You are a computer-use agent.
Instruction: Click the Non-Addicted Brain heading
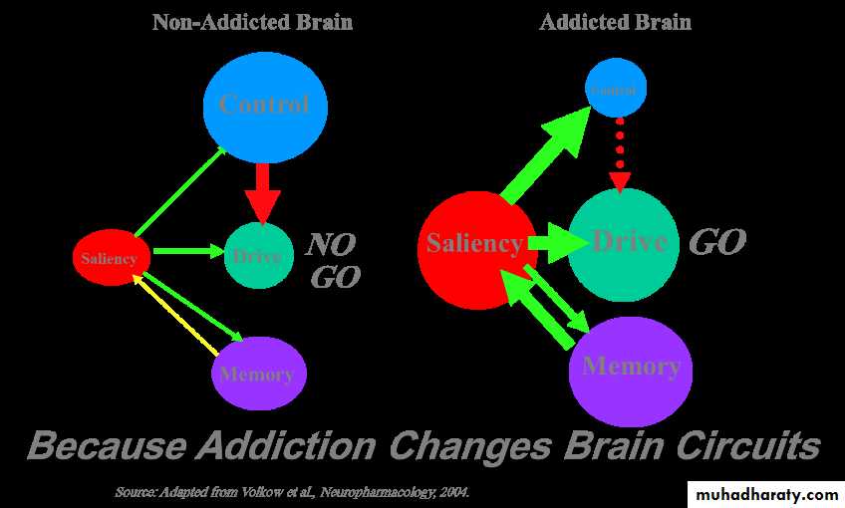click(252, 22)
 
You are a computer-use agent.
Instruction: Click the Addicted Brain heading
click(615, 22)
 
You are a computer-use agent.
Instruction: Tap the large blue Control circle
click(265, 105)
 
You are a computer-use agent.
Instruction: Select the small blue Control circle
click(614, 90)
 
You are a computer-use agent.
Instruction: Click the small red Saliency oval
click(112, 258)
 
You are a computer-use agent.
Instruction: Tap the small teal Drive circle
click(259, 256)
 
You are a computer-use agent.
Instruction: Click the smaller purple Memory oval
click(258, 374)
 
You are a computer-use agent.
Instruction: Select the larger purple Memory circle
click(630, 369)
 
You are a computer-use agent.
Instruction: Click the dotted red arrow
click(620, 154)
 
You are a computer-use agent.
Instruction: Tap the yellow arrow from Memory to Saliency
click(177, 316)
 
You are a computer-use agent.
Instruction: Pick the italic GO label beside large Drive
click(717, 241)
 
